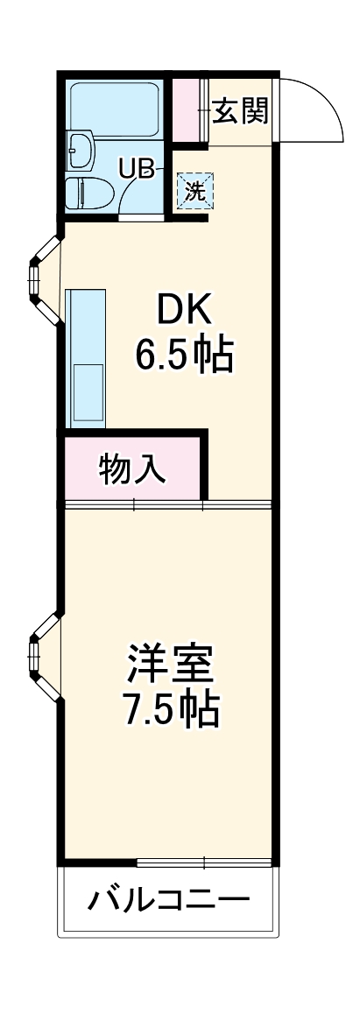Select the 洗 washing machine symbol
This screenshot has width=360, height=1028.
tap(194, 191)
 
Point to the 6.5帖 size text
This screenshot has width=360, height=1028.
tap(185, 355)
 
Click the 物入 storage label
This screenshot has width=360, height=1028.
tap(131, 469)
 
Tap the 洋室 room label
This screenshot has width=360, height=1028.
tap(171, 664)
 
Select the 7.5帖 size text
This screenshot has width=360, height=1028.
tap(171, 711)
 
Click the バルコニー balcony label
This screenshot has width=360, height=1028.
tap(168, 899)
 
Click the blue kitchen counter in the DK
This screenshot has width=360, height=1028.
tap(85, 357)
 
